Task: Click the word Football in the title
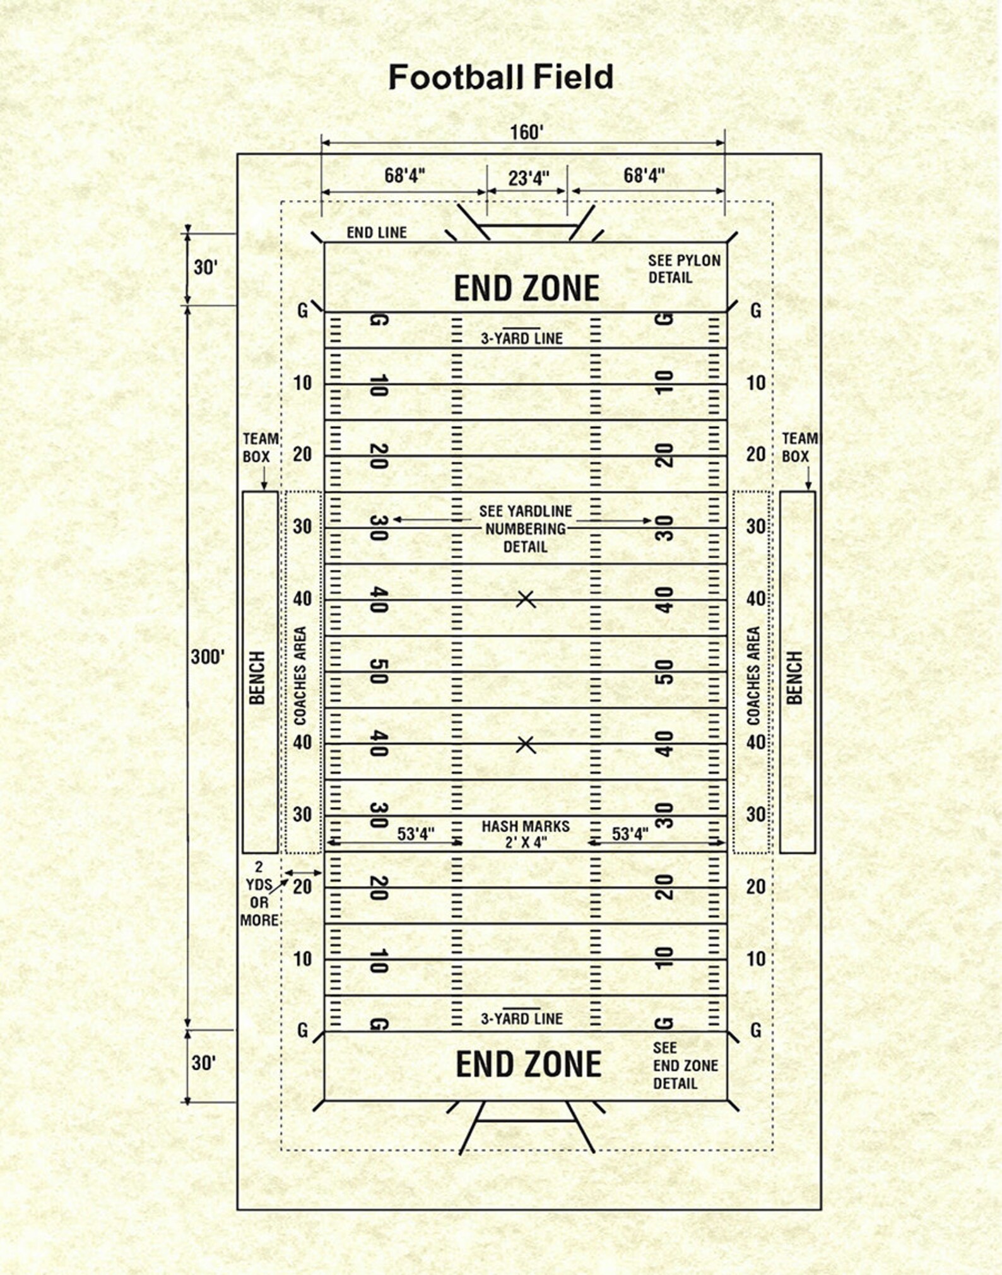[456, 78]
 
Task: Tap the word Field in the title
[573, 78]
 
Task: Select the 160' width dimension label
[526, 133]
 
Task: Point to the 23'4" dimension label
[528, 179]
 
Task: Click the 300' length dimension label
[208, 657]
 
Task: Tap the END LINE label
[377, 233]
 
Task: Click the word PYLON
[696, 261]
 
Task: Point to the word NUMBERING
[525, 529]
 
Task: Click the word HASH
[502, 826]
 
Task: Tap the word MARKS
[548, 826]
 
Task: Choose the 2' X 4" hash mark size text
[526, 843]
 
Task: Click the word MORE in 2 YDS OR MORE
[259, 920]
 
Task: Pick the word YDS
[259, 885]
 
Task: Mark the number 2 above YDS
[259, 867]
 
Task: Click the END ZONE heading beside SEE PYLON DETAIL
[526, 288]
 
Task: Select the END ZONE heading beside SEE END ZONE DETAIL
[528, 1064]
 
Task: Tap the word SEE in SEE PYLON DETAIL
[660, 261]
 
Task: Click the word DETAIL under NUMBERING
[525, 547]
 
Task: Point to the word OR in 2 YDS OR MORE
[259, 903]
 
